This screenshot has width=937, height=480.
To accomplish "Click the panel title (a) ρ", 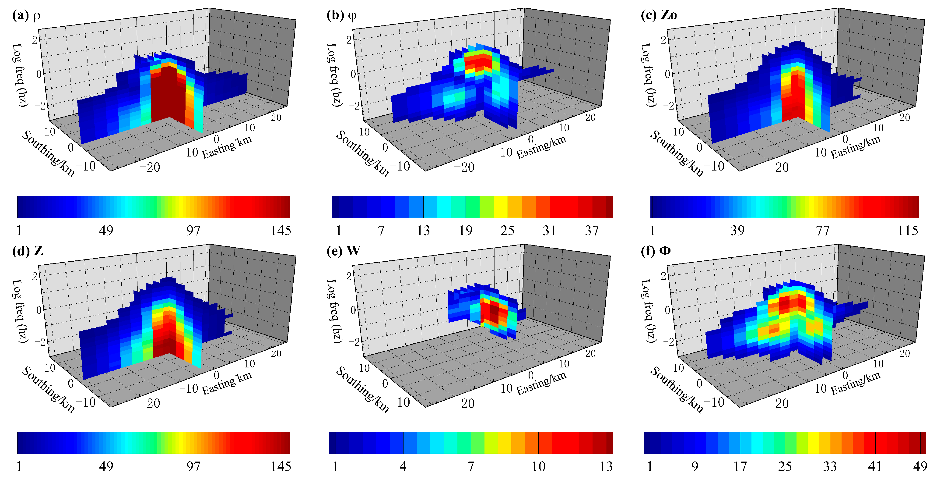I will [26, 16].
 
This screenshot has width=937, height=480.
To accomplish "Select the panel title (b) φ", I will [341, 16].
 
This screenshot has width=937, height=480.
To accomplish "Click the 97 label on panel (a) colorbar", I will [193, 231].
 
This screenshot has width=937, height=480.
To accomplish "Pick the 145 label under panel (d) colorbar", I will [281, 466].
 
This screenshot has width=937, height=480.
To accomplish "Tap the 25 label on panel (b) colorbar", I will [507, 231].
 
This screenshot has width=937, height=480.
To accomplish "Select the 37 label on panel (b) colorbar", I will [592, 231].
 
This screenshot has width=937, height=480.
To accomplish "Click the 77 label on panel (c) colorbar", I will [822, 231].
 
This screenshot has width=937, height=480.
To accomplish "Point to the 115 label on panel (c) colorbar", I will [908, 231].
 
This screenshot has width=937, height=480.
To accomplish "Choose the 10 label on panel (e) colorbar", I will [538, 466].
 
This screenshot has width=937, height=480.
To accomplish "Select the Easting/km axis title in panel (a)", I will [227, 147].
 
